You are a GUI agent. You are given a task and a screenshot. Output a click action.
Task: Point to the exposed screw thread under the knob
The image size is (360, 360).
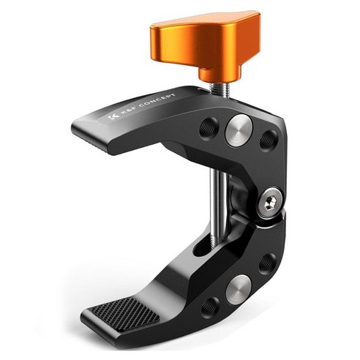coord(218,89)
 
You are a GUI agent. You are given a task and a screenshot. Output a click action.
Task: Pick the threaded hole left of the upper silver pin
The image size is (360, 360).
coord(209,128)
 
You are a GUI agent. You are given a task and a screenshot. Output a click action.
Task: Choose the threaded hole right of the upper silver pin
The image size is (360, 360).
coord(269,140)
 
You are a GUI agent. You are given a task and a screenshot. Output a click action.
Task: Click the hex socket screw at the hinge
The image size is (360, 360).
coord(271,202)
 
